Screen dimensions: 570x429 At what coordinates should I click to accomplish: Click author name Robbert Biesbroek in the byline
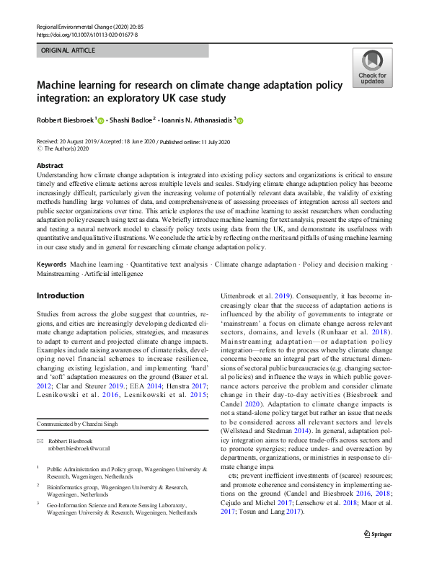tap(65, 121)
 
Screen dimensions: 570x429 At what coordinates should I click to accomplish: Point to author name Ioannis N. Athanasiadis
tap(200, 121)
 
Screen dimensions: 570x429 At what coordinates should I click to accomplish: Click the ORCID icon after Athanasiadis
tap(239, 121)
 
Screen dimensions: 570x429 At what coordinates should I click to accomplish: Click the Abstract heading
tap(50, 166)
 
